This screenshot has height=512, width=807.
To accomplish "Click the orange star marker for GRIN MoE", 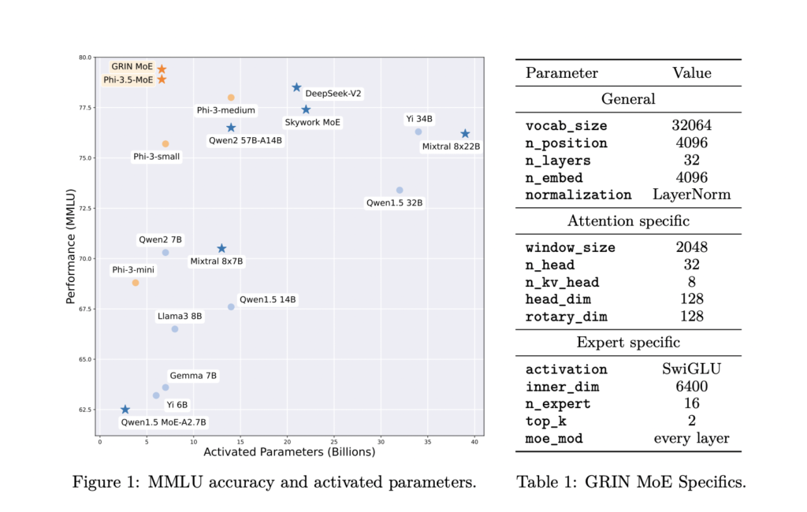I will coord(162,69).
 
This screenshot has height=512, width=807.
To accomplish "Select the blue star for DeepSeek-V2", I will coord(296,87).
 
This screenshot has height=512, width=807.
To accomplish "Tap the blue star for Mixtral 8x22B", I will coord(465,134).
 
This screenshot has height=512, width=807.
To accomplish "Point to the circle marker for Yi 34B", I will coord(418,132).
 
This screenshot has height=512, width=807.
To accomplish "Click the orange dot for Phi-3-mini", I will coord(136,282).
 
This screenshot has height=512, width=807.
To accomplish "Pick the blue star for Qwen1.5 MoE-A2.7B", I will coord(125,410).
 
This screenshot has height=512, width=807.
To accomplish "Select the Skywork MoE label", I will coord(313,123).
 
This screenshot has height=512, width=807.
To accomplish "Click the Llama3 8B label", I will coord(180,316).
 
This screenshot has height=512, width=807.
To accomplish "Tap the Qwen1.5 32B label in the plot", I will coord(395,202).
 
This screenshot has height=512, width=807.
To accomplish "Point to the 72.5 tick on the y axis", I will coord(84,208).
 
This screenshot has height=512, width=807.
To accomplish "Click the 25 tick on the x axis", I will coord(334,441).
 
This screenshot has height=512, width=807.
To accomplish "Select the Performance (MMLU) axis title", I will coord(70,246).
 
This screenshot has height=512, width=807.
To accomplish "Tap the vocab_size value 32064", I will coord(691,125).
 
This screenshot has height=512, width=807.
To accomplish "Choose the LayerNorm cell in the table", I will coord(691,195).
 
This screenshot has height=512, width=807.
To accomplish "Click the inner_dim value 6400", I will coord(691,387).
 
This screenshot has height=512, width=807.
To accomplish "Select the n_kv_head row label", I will coord(563,282).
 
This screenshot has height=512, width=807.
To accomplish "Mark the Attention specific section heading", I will coord(628,221).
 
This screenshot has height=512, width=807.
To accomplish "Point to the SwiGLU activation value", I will coord(691,369).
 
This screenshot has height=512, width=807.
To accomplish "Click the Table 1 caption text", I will coord(630,481).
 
